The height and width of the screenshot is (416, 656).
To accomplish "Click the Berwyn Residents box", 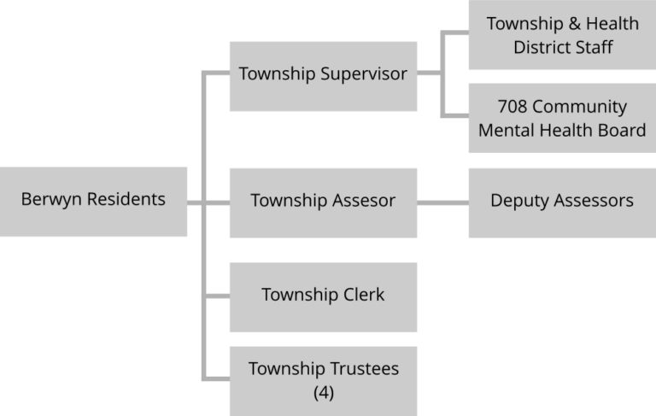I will [x=93, y=202].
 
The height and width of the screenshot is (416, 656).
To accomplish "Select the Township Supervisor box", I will [x=323, y=75].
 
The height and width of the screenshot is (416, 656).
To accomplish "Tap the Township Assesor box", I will [x=323, y=202].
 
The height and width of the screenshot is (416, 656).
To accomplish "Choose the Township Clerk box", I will [x=323, y=296].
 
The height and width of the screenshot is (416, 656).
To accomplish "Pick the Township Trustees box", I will [x=323, y=380].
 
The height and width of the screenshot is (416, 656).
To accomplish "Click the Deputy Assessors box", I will [x=561, y=202].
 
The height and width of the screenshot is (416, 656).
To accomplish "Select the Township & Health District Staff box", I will [x=561, y=35].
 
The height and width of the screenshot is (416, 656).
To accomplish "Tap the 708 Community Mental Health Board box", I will [x=561, y=119].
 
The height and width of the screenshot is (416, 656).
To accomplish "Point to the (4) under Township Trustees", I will [x=323, y=393].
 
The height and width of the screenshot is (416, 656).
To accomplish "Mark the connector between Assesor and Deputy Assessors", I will [x=442, y=202].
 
